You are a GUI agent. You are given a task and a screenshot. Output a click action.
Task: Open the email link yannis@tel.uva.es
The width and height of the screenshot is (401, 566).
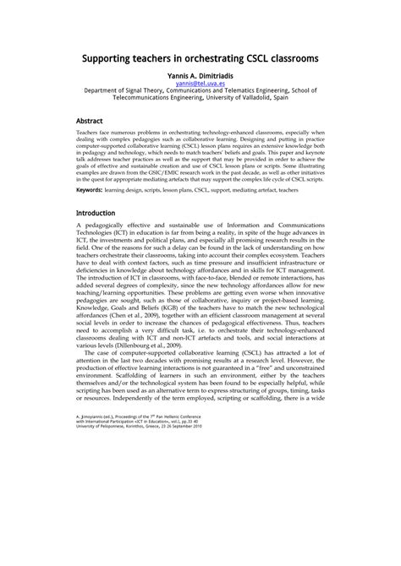(x=200, y=85)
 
